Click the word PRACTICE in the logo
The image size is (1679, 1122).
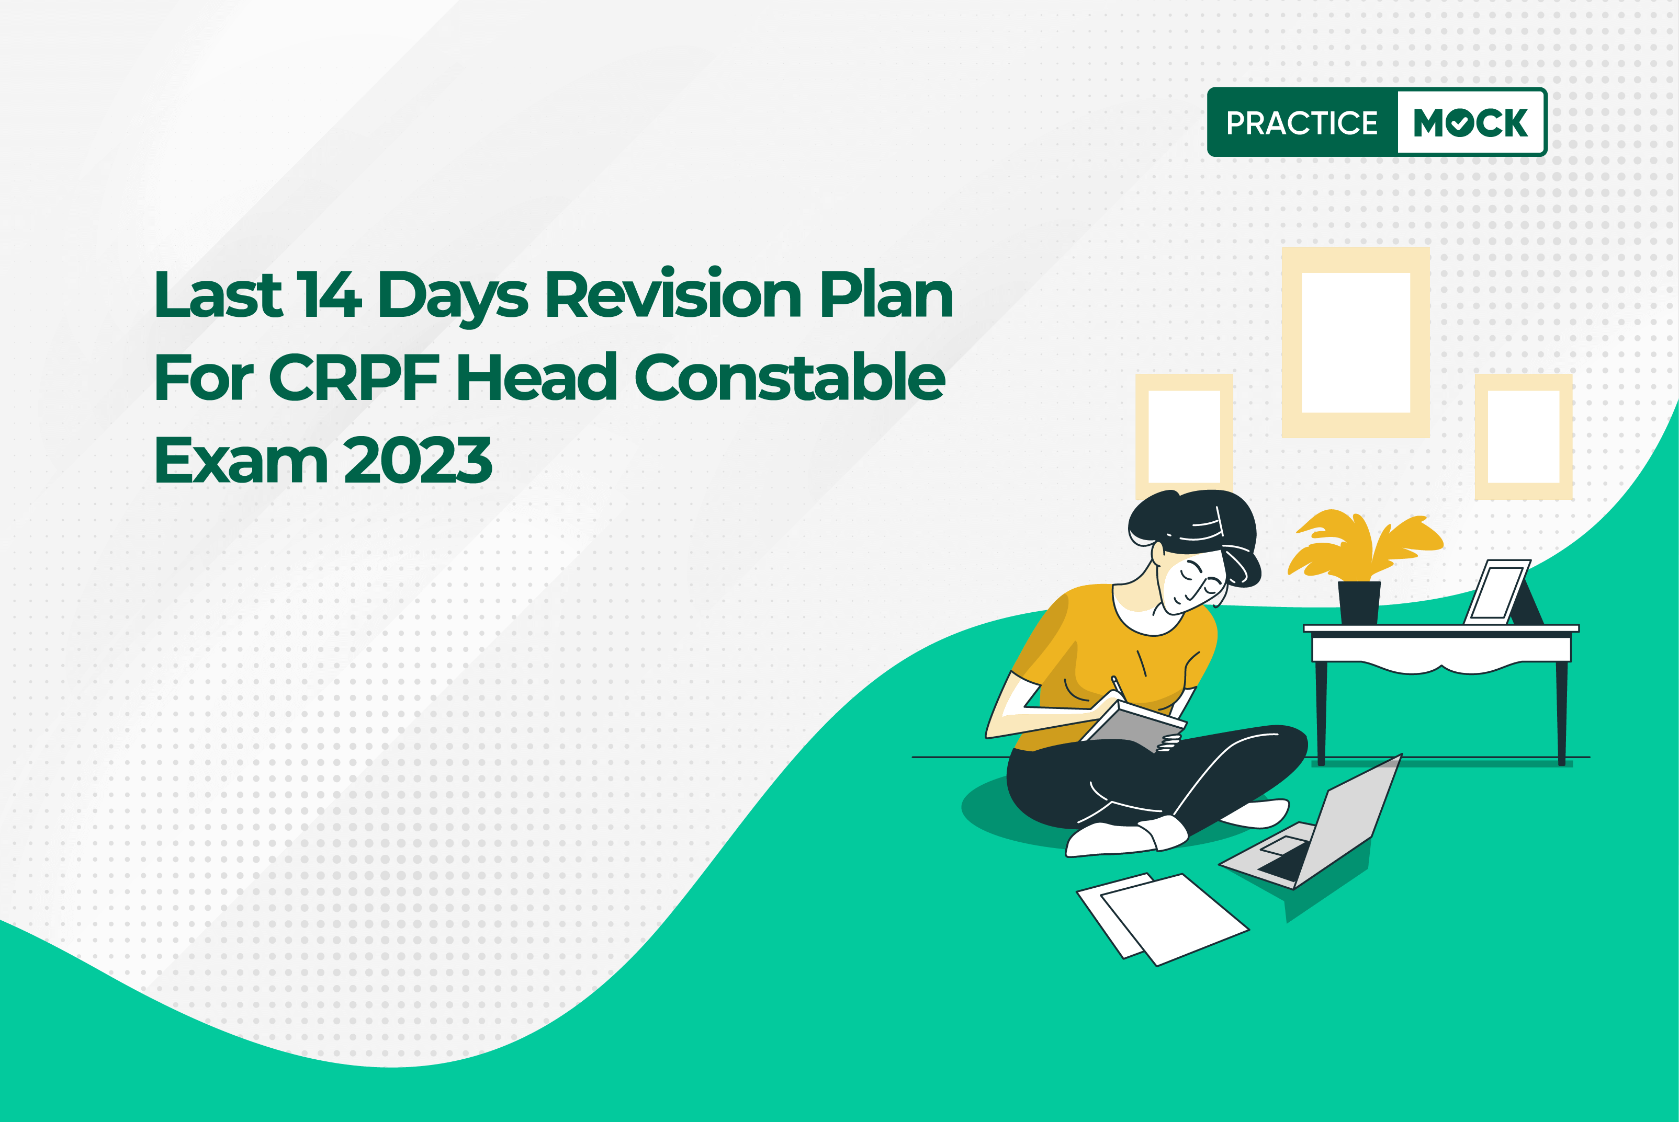coord(1302,123)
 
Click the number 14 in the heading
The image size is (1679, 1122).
coord(329,294)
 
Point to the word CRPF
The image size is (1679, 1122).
coord(354,377)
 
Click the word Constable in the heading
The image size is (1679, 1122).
coord(790,376)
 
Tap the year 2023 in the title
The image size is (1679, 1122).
coord(418,460)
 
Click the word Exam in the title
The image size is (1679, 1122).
coord(241,460)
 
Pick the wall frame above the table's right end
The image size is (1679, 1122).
coord(1481,437)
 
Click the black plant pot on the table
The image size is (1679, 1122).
coord(1359,602)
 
